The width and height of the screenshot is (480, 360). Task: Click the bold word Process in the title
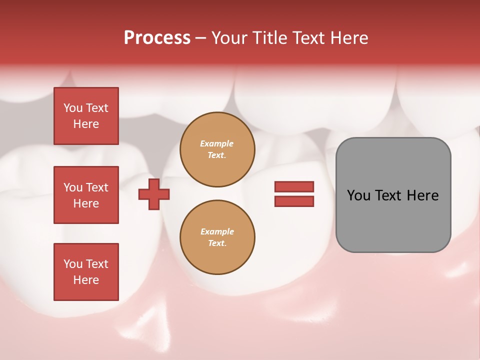pyautogui.click(x=157, y=38)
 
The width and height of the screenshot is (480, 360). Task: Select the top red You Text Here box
pyautogui.click(x=86, y=116)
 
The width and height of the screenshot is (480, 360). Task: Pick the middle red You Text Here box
pyautogui.click(x=86, y=195)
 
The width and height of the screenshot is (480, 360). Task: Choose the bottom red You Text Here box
pyautogui.click(x=86, y=272)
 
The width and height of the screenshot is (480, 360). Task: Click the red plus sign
pyautogui.click(x=154, y=194)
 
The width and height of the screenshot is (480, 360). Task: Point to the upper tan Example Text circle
pyautogui.click(x=217, y=149)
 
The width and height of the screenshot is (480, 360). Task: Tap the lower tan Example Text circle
pyautogui.click(x=217, y=237)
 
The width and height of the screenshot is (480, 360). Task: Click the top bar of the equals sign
pyautogui.click(x=294, y=187)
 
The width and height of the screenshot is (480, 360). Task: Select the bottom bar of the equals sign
pyautogui.click(x=294, y=201)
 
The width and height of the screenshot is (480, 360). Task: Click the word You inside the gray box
pyautogui.click(x=359, y=195)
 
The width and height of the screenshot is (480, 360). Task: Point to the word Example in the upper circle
pyautogui.click(x=217, y=143)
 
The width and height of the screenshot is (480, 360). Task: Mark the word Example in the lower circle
pyautogui.click(x=217, y=231)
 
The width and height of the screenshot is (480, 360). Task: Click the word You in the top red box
pyautogui.click(x=73, y=108)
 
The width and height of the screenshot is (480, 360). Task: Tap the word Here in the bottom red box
pyautogui.click(x=86, y=280)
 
